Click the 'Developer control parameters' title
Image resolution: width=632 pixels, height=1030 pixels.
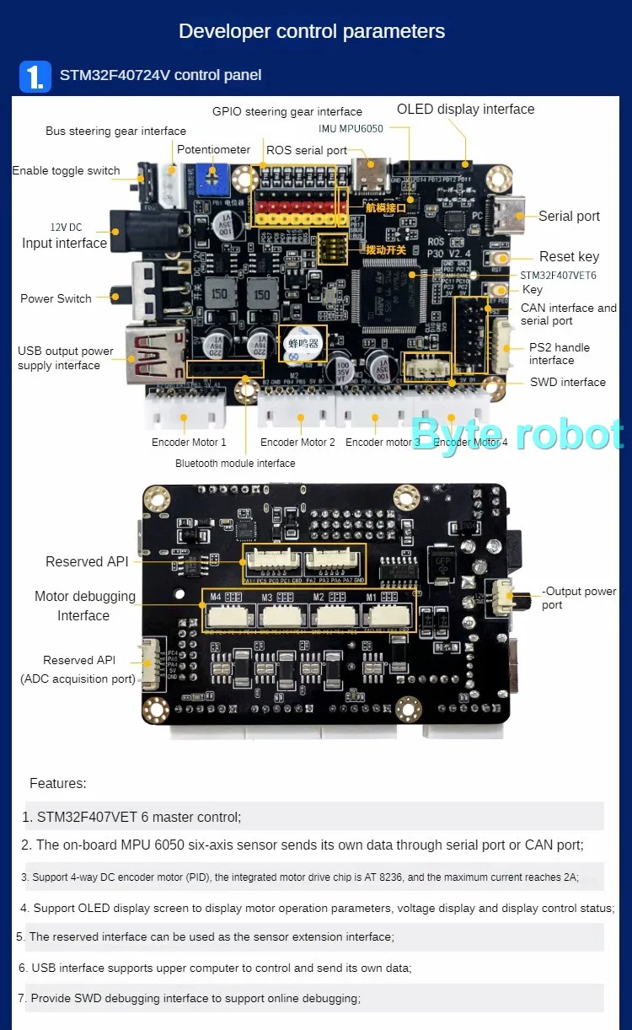[312, 32]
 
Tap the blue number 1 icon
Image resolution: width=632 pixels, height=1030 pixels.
[35, 76]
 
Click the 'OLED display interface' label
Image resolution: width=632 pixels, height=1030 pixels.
[465, 110]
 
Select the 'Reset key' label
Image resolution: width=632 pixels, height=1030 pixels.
[569, 257]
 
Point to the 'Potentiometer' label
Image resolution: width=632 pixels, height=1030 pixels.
[213, 149]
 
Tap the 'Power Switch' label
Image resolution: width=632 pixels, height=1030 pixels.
[56, 298]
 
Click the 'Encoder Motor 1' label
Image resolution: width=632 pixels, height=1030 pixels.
[189, 443]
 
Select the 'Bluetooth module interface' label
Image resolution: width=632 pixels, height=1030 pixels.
[235, 464]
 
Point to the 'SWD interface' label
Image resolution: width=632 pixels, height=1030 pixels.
[567, 383]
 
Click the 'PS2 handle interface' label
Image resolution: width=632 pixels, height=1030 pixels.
[559, 354]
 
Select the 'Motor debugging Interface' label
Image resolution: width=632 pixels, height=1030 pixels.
[84, 606]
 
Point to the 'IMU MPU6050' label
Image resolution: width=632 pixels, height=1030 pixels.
[351, 129]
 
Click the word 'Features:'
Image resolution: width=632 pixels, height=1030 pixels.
[58, 784]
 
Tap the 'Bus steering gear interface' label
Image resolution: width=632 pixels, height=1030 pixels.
[115, 131]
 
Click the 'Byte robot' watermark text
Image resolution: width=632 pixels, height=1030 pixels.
[517, 434]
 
